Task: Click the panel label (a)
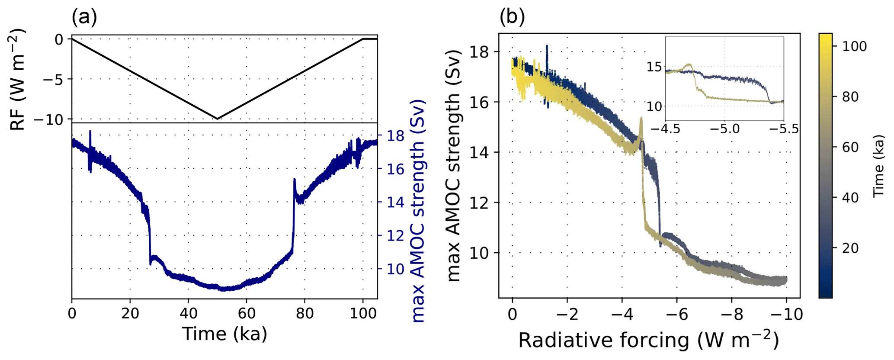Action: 84,18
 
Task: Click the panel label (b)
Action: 512,18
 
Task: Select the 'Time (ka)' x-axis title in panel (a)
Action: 224,334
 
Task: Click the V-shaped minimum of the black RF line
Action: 217,119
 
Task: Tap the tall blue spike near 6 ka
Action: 90,132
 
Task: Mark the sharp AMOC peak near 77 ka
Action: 295,179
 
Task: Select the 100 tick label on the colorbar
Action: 855,46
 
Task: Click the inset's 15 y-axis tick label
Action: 654,67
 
